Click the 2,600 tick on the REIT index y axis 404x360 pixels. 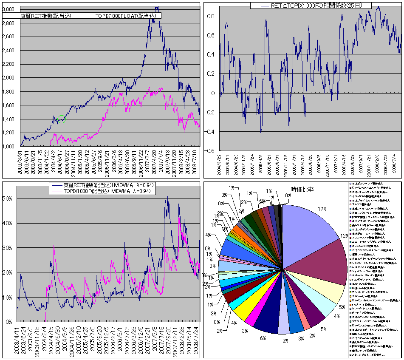(9, 37)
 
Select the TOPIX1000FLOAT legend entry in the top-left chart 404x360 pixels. (126, 16)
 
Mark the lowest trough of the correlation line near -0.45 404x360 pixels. (260, 136)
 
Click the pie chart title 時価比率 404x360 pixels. (300, 189)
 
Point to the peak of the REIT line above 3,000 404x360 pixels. (157, 7)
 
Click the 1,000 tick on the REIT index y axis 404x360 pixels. (9, 147)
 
